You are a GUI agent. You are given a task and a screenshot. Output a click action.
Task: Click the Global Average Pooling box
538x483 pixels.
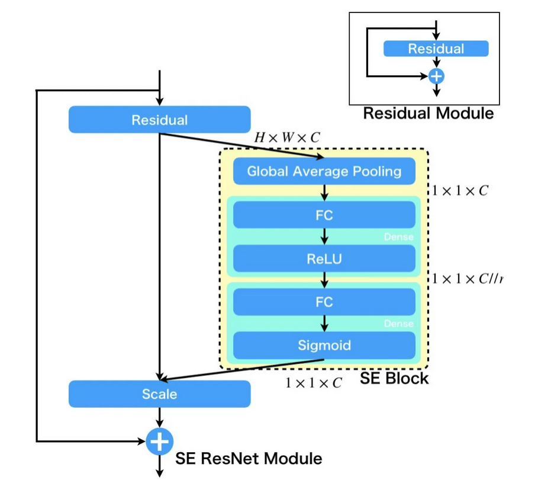coord(324,172)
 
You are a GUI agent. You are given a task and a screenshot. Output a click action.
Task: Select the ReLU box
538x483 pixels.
coord(324,258)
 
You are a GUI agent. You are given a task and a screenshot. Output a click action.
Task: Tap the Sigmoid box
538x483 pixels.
coord(324,345)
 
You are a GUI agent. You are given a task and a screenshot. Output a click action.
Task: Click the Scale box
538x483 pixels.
coord(160,394)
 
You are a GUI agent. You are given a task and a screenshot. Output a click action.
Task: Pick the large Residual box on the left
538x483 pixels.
coord(160,120)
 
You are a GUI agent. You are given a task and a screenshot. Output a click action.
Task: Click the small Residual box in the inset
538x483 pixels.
coord(436,49)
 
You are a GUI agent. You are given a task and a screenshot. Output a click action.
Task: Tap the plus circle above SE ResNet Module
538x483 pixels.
coord(160,442)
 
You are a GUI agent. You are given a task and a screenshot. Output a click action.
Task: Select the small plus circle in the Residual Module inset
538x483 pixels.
coord(436,76)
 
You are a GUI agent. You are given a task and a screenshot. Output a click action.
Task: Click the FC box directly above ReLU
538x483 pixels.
coord(324,215)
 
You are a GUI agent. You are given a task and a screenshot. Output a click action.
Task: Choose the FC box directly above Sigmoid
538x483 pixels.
coord(324,302)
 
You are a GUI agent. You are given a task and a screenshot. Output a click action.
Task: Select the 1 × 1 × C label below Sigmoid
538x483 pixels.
coord(313,383)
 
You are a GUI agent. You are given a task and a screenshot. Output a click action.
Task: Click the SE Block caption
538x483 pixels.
coord(394,378)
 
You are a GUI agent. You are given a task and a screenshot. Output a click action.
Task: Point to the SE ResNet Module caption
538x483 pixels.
coord(249,458)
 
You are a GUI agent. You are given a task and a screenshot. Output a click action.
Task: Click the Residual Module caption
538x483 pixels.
coord(428,113)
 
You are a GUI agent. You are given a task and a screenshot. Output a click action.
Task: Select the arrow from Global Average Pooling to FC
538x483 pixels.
coord(324,193)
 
